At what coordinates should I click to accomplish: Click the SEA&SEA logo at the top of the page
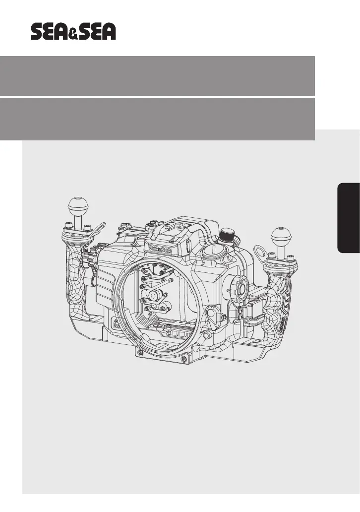[x=73, y=32]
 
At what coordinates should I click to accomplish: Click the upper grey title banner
[x=157, y=76]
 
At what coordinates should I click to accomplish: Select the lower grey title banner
[x=157, y=119]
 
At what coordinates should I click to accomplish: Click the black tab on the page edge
[x=349, y=218]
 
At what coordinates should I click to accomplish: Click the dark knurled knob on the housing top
[x=226, y=235]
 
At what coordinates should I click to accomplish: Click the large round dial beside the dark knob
[x=212, y=252]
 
